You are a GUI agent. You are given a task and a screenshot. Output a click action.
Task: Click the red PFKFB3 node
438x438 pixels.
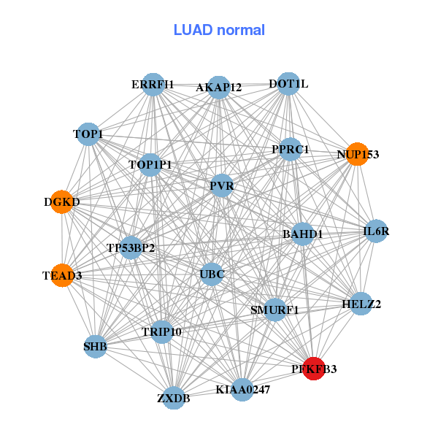314,369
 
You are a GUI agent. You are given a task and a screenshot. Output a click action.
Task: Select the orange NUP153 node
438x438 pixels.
357,154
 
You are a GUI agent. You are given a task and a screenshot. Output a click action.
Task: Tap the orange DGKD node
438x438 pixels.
62,201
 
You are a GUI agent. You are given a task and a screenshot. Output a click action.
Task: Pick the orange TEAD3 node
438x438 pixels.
62,275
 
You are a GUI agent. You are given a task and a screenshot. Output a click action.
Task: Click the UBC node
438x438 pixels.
212,274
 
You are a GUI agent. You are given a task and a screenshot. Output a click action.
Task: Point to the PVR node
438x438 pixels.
222,185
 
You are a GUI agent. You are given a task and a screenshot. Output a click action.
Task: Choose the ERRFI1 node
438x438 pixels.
153,85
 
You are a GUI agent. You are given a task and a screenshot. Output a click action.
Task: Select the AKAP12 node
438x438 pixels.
219,87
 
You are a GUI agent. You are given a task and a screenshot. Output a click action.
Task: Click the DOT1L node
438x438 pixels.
288,83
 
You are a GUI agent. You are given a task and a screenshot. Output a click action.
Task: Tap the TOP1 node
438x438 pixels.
88,134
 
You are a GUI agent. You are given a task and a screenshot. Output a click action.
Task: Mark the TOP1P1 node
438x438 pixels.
150,165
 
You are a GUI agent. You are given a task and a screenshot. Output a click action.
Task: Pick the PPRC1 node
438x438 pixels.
291,149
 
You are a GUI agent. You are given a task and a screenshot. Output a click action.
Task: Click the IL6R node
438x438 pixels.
376,231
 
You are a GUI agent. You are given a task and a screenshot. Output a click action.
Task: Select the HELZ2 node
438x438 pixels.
361,304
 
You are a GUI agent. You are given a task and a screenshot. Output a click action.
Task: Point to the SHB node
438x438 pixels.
96,346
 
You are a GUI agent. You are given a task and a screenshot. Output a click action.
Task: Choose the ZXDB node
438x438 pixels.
174,398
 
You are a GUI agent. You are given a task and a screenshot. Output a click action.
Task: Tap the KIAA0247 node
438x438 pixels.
242,389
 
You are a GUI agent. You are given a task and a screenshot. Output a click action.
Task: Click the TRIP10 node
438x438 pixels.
162,332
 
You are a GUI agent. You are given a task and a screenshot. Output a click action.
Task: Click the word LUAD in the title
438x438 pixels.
193,30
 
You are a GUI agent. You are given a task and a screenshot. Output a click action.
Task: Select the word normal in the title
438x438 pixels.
241,30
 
